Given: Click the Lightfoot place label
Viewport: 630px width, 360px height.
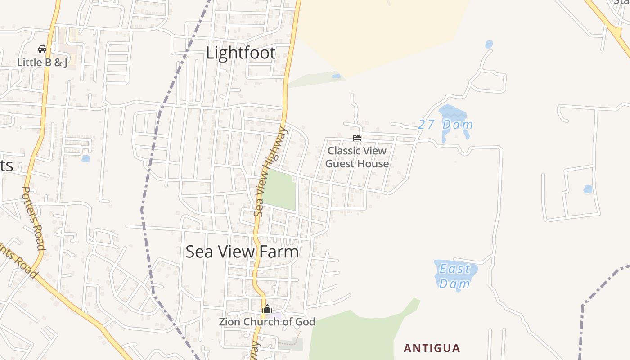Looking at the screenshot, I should [241, 53].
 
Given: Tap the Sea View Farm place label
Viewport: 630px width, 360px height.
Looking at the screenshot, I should [242, 252].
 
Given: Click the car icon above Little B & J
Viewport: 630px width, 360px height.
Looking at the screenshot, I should [42, 49].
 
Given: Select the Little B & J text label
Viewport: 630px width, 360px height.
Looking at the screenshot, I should [42, 63].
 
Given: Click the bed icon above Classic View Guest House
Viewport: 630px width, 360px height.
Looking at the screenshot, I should [357, 138].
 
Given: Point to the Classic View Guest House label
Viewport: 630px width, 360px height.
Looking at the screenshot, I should [357, 157].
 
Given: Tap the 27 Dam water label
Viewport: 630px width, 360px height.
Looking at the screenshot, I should [445, 124].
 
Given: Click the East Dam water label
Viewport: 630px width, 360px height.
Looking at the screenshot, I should [454, 276].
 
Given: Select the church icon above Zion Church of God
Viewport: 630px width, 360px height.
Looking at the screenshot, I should [267, 309].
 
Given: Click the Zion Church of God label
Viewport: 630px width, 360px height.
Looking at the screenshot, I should [267, 322].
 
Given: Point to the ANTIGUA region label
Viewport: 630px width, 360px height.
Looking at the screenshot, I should [432, 348].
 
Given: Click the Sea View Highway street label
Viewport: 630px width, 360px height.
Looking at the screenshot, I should [270, 171].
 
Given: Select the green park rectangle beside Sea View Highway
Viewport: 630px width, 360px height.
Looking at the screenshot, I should [280, 189].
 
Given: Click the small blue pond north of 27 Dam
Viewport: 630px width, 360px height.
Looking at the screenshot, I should [489, 45].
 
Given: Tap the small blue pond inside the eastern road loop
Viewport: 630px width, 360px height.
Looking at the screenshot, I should [588, 189].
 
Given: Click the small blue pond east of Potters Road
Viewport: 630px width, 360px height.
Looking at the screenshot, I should [85, 158].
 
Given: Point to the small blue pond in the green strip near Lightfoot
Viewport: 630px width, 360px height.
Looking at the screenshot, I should [336, 76].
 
